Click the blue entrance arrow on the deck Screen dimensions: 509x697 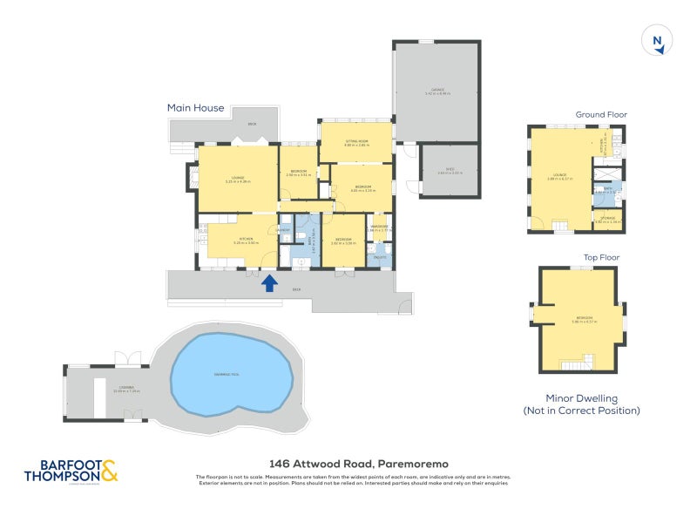(269, 283)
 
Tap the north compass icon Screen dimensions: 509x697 (657, 42)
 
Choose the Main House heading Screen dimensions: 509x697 (195, 108)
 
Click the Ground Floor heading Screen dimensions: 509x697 (600, 114)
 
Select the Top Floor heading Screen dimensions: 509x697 (600, 258)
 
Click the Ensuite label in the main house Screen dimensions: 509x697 (380, 258)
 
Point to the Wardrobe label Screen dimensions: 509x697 (378, 228)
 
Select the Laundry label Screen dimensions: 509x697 (284, 229)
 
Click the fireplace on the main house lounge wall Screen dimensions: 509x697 (193, 180)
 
